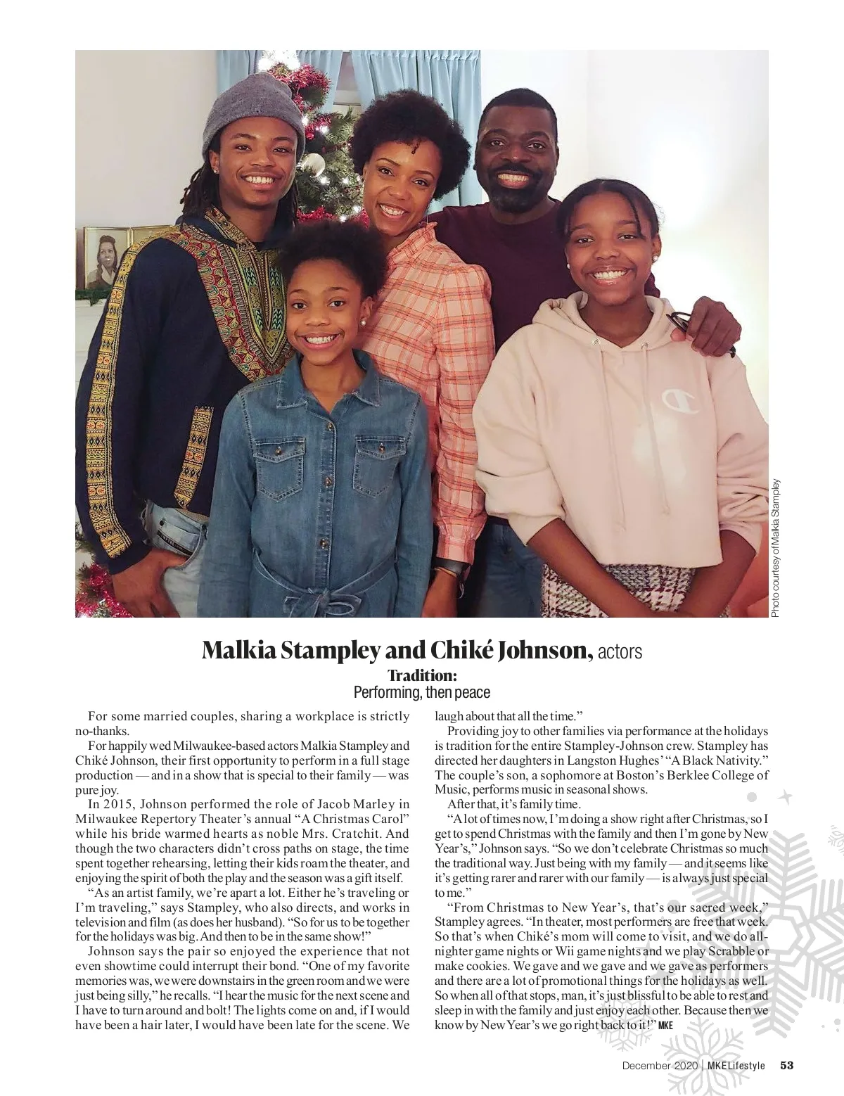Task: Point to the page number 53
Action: point(786,1065)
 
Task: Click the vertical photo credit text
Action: point(776,548)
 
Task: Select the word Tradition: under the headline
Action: point(422,676)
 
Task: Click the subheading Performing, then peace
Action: point(422,692)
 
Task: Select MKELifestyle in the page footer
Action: point(736,1065)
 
